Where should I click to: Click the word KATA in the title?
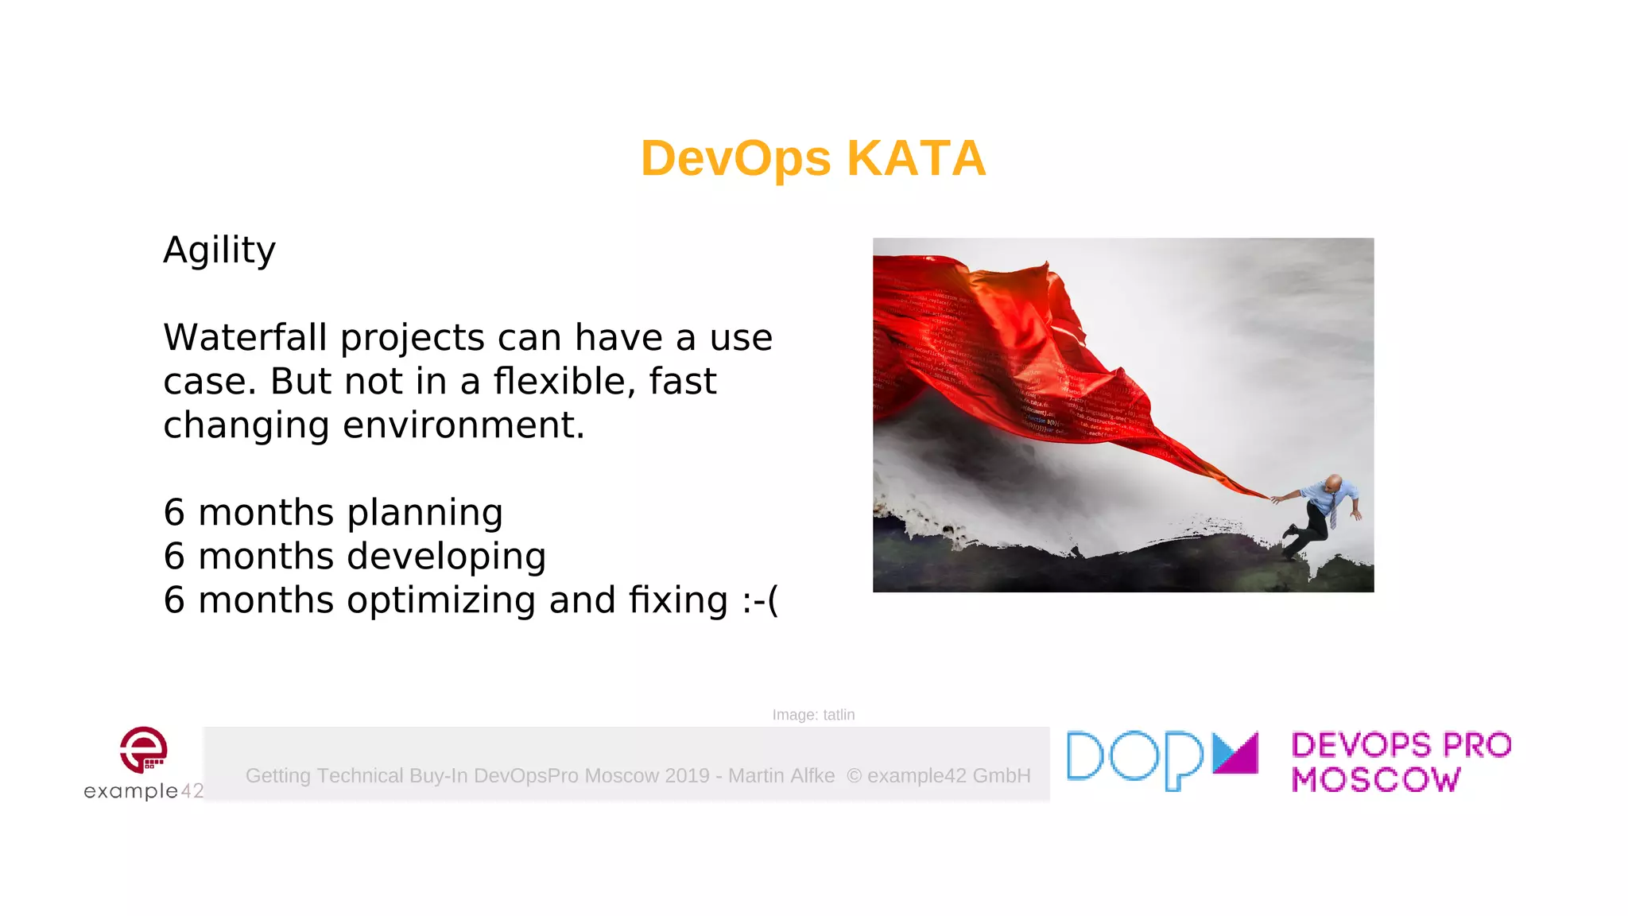click(916, 158)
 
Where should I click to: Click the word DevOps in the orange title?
click(735, 158)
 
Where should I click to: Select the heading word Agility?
click(219, 250)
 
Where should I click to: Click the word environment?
click(463, 425)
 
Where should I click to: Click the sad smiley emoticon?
click(761, 600)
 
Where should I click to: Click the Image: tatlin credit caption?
click(813, 715)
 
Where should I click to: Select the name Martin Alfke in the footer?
click(781, 776)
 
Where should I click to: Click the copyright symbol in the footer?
click(855, 776)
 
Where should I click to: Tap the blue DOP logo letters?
click(1135, 759)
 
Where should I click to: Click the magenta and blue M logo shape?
click(1235, 753)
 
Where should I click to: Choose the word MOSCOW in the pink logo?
click(1375, 780)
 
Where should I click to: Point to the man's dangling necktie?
click(1332, 513)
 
